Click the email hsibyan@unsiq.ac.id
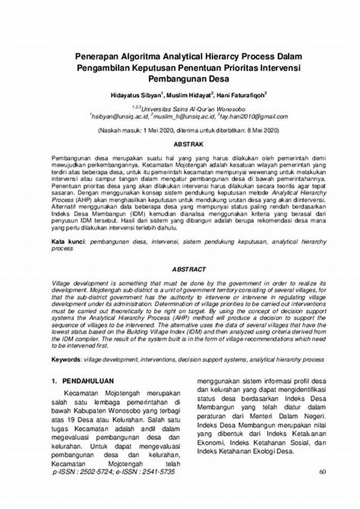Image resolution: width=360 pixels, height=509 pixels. click(x=118, y=115)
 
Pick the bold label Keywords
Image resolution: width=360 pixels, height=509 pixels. click(x=69, y=359)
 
